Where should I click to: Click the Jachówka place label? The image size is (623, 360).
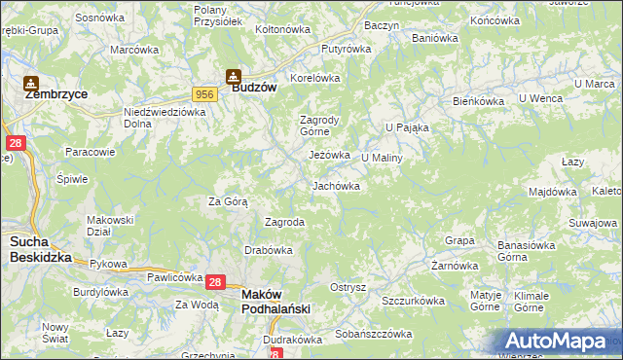pyautogui.click(x=337, y=186)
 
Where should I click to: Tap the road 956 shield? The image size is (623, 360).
pyautogui.click(x=204, y=93)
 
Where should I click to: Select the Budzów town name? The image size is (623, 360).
pyautogui.click(x=255, y=87)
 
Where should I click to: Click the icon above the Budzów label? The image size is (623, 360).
pyautogui.click(x=234, y=74)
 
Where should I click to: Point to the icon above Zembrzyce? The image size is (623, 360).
pyautogui.click(x=31, y=83)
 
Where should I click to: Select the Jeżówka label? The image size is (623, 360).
pyautogui.click(x=329, y=155)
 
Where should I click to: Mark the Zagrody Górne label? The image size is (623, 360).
pyautogui.click(x=317, y=126)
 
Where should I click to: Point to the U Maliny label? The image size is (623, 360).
pyautogui.click(x=382, y=158)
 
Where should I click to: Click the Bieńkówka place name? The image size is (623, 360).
pyautogui.click(x=477, y=101)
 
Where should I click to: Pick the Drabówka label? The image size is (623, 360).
pyautogui.click(x=269, y=250)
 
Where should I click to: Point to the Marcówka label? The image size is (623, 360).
pyautogui.click(x=134, y=50)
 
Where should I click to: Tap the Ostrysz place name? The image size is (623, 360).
pyautogui.click(x=348, y=287)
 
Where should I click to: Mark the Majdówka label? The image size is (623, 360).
pyautogui.click(x=553, y=192)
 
